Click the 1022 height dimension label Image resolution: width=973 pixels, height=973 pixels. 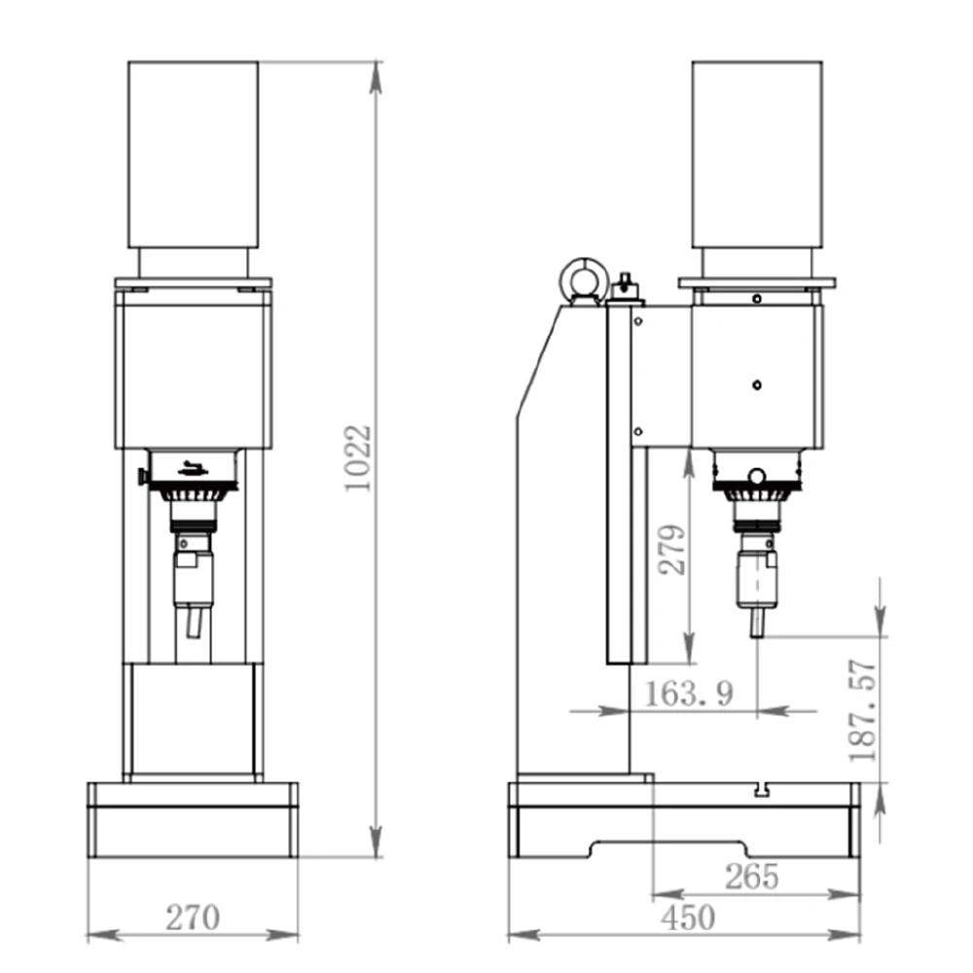coord(359,458)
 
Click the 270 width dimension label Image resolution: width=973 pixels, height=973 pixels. coord(193,918)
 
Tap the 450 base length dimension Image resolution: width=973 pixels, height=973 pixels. coord(688,918)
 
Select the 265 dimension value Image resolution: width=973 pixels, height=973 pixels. coord(751,877)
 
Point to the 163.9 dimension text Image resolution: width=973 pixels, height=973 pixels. coord(689,693)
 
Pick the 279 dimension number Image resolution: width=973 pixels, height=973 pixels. coord(672,550)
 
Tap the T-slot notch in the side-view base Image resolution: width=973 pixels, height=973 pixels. coord(763,790)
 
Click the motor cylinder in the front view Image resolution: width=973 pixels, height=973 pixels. coord(193,155)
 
